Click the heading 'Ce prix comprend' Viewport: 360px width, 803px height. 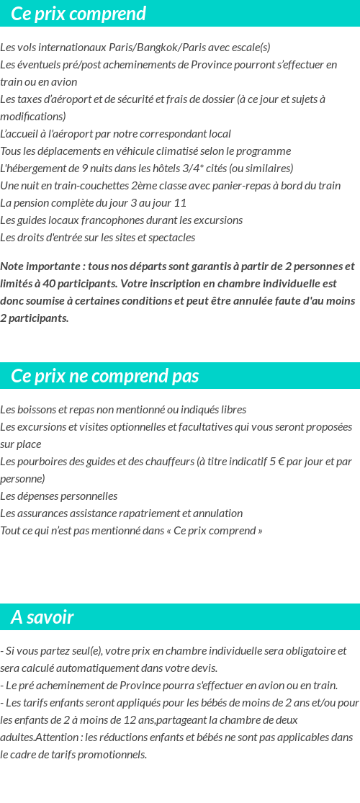78,14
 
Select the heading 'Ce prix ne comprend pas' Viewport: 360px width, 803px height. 105,376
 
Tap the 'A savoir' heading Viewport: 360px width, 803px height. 42,617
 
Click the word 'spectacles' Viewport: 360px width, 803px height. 171,238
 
